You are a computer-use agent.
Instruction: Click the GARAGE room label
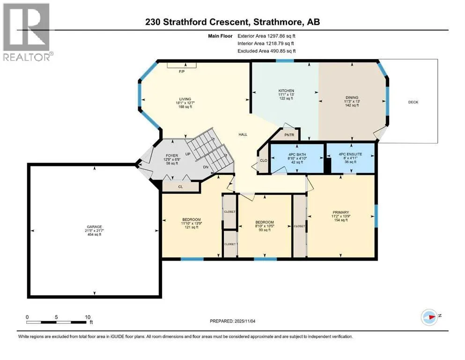94,227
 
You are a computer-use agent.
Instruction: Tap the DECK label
413,102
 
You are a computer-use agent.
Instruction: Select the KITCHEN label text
286,91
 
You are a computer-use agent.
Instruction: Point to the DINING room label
352,97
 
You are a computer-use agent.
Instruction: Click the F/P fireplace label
182,72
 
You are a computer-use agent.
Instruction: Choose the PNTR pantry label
289,135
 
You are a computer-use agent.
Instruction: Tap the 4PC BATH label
297,155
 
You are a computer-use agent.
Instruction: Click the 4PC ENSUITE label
351,154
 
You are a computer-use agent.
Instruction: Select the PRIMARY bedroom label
341,212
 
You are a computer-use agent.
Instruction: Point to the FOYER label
172,156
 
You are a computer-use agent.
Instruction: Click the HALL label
243,135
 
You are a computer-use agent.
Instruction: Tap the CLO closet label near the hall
264,161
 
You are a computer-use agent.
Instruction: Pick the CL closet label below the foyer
181,187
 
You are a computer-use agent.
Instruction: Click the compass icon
429,317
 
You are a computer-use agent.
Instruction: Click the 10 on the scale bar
88,317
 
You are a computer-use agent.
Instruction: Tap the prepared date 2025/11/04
244,321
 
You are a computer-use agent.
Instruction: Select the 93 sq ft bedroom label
265,230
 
